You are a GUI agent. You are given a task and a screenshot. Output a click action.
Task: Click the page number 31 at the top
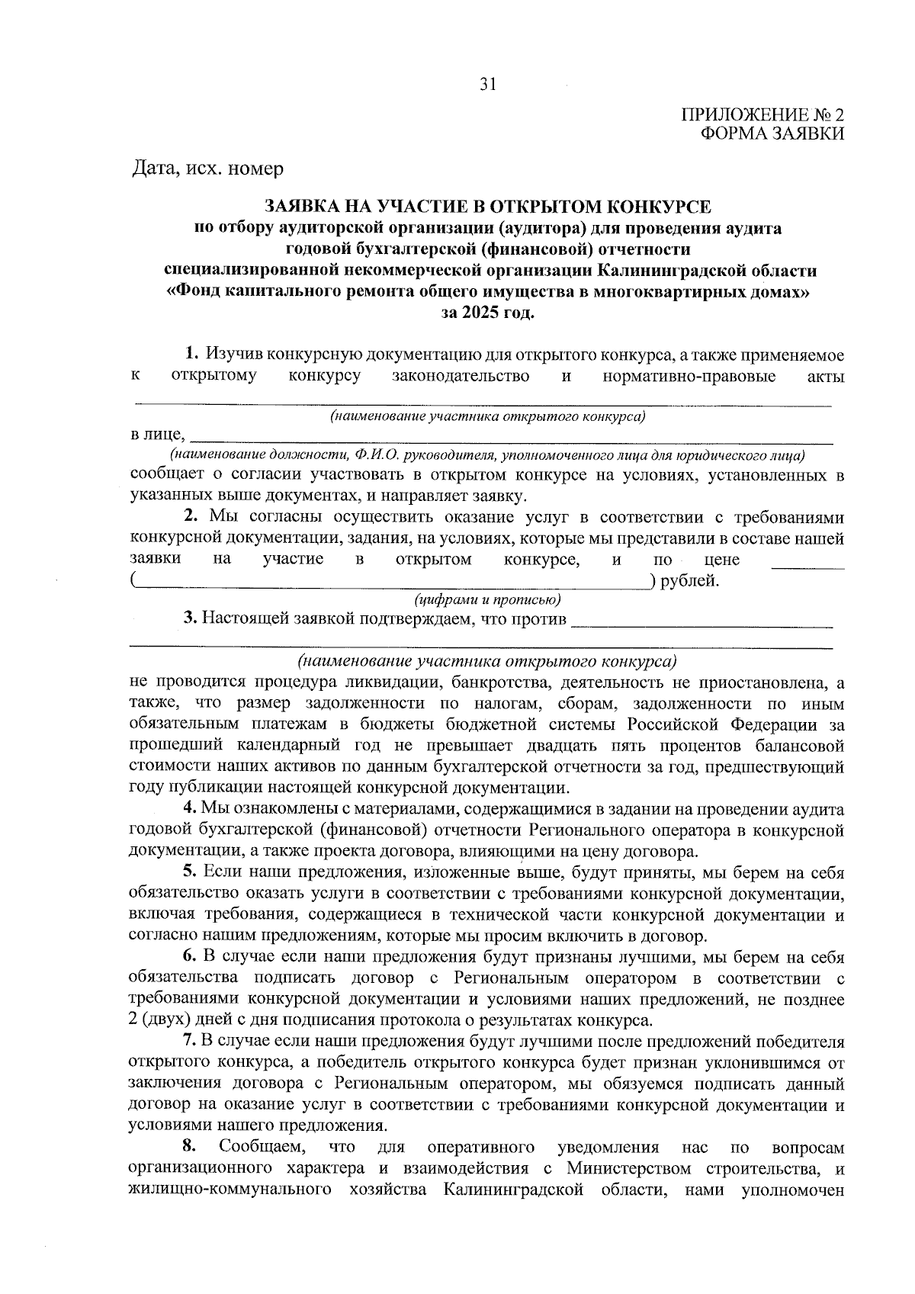coord(488,85)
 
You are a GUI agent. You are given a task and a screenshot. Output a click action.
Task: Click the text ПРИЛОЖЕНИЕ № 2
coord(762,116)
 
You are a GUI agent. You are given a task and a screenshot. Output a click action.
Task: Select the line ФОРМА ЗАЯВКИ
coord(772,134)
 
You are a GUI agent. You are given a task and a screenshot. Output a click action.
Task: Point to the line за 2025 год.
coord(488,313)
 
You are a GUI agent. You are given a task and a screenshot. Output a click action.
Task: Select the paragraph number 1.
coord(192,355)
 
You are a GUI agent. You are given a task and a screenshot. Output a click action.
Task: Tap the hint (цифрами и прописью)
coord(487,599)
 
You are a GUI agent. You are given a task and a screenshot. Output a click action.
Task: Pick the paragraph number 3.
coord(191,618)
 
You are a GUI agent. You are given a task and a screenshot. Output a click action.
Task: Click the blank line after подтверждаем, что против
coord(701,625)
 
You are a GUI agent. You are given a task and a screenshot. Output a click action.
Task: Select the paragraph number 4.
coord(191,809)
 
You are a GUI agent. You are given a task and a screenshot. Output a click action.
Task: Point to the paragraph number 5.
coord(191,872)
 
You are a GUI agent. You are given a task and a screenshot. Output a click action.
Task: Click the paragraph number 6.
coord(191,957)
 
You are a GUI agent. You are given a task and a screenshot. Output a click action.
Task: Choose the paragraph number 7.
coord(191,1042)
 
